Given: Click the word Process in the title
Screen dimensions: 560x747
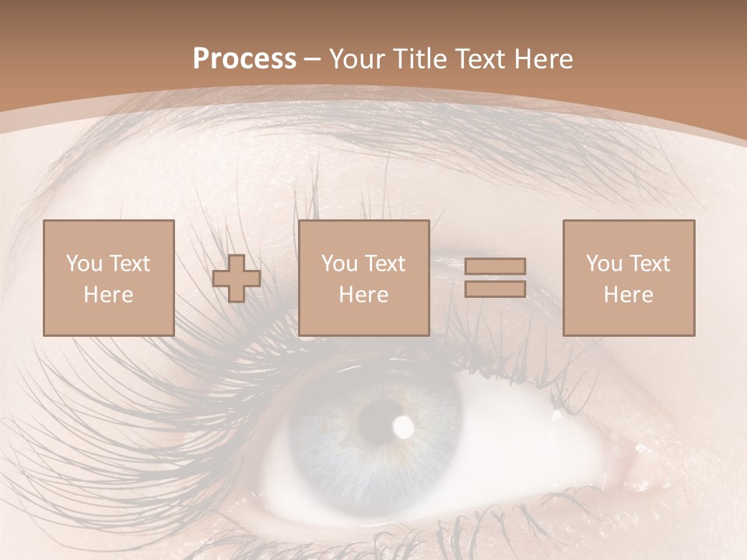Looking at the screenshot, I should coord(244,58).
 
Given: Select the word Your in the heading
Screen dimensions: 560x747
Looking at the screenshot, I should coord(358,59).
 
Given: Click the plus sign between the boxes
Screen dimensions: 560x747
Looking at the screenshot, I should coord(237,278).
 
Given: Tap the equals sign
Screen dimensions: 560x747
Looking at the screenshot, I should coord(495,278).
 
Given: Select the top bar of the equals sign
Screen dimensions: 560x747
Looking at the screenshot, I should coord(495,267).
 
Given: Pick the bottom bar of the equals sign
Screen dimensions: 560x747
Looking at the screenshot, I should coord(495,289).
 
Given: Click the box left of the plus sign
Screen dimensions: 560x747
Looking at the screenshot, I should coord(108,278).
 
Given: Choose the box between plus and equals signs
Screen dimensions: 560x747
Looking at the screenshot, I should coord(363,278).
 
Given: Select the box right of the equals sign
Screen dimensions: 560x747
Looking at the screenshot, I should coord(628,278).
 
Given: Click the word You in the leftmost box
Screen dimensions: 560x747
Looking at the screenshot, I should coord(84,264).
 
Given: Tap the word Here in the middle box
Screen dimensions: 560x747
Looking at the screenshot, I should coord(363,295).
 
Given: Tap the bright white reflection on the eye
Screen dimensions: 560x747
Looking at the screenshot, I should coord(404,425).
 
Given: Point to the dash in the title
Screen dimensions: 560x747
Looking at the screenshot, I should coord(313,59).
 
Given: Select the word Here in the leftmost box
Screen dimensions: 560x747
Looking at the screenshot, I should coord(108,295).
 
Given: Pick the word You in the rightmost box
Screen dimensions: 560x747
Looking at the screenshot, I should coord(604,264).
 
